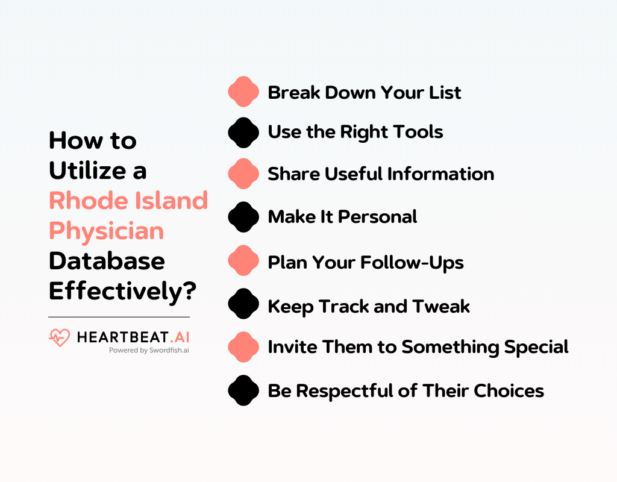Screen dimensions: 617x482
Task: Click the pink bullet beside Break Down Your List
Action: [x=243, y=92]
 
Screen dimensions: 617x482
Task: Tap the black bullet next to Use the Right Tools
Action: [x=243, y=133]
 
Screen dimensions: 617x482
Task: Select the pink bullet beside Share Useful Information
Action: [x=243, y=174]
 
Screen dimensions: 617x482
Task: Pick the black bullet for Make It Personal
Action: [x=243, y=217]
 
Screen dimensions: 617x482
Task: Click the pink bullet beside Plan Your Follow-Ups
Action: [x=243, y=260]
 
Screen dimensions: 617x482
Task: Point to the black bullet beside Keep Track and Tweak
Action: [x=243, y=304]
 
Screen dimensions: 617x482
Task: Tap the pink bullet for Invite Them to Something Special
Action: [x=243, y=347]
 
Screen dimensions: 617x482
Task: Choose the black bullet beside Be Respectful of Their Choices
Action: [x=243, y=390]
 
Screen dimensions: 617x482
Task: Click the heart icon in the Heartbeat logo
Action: [x=60, y=337]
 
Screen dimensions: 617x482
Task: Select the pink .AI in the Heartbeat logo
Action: [x=180, y=337]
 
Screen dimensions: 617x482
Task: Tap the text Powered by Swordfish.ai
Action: [x=149, y=350]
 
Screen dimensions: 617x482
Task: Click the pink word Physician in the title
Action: [x=106, y=231]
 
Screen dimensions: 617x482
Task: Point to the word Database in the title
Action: [x=107, y=261]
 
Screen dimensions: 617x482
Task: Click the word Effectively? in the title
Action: [x=122, y=292]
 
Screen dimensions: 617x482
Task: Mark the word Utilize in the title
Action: [x=87, y=171]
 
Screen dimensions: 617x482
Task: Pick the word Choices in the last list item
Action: [x=509, y=390]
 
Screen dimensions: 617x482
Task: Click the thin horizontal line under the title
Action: [x=119, y=317]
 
